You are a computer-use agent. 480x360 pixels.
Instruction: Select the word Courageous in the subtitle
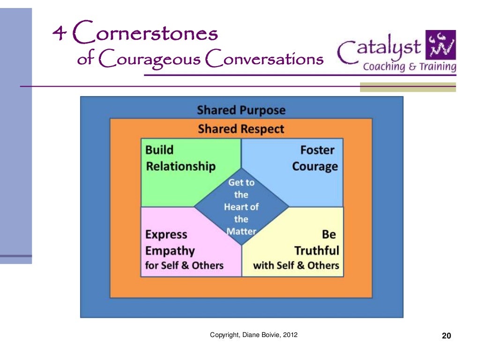point(150,60)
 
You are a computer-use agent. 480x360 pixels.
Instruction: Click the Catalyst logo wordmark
point(380,49)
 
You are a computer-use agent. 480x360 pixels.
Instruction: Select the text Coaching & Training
point(409,67)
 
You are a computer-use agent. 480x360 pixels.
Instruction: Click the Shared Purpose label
point(241,110)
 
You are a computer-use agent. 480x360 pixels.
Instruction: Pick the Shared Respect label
point(241,128)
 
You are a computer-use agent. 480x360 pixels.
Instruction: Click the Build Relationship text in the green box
point(180,158)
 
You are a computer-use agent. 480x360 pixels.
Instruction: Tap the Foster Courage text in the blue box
point(315,158)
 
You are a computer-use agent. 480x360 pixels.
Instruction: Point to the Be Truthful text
point(317,242)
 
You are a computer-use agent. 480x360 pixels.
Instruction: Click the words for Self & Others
point(184,265)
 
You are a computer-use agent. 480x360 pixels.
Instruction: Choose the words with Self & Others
point(296,265)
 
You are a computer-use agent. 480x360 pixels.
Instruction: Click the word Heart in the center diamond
point(241,207)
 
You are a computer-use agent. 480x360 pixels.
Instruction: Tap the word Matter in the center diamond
point(241,231)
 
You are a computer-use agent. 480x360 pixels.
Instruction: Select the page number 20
point(446,336)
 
